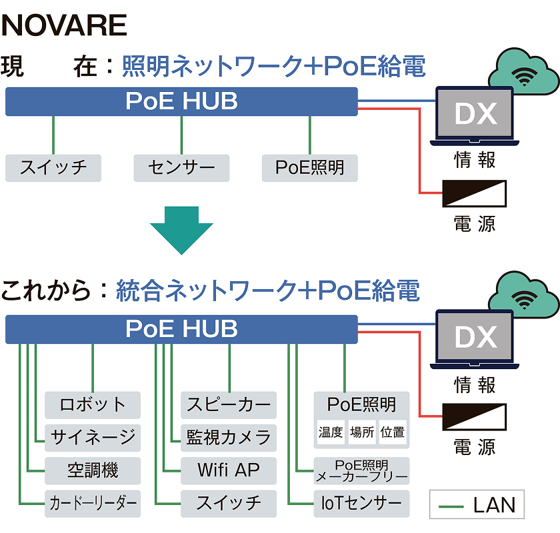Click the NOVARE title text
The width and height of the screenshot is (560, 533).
click(65, 25)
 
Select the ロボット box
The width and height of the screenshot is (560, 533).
click(93, 404)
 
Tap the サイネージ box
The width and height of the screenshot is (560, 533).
click(93, 437)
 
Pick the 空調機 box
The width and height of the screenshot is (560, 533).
click(93, 470)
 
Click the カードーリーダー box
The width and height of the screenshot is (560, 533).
click(93, 503)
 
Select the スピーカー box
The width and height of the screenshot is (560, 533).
click(229, 404)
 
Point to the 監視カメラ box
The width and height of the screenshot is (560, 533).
click(229, 437)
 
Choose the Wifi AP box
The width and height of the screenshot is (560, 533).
click(229, 470)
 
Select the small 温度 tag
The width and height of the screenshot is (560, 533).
click(331, 432)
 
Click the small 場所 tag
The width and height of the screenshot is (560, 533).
click(362, 432)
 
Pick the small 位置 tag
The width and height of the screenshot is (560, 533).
click(393, 432)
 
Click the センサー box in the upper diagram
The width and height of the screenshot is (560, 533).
click(181, 168)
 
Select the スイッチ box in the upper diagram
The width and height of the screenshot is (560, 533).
click(53, 168)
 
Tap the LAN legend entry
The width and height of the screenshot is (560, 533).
click(477, 505)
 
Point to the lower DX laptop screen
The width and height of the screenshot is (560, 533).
click(475, 337)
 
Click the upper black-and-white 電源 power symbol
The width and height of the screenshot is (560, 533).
click(475, 193)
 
